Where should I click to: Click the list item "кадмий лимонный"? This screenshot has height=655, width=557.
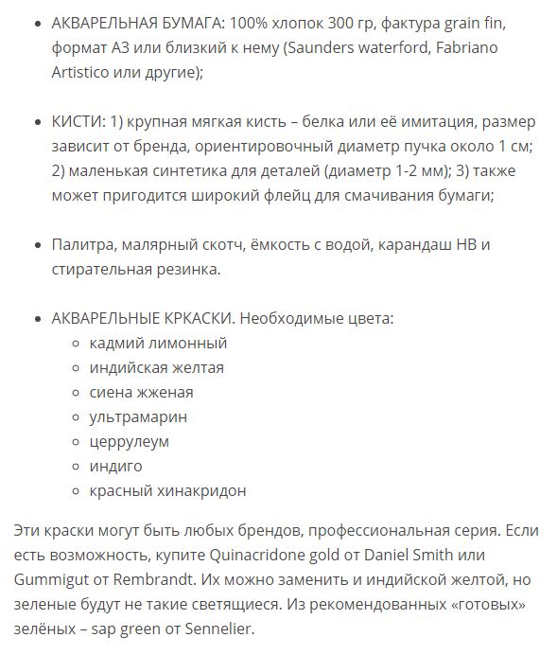(x=158, y=343)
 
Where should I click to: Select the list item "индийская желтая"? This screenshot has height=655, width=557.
(x=156, y=367)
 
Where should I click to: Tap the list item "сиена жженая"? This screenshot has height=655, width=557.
(x=141, y=392)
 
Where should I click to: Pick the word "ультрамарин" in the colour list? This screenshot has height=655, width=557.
(x=138, y=416)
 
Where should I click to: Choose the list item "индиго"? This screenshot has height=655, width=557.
(x=115, y=466)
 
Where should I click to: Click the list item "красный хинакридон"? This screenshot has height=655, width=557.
(x=167, y=490)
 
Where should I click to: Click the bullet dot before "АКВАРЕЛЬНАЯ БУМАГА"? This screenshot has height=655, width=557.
(x=36, y=23)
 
